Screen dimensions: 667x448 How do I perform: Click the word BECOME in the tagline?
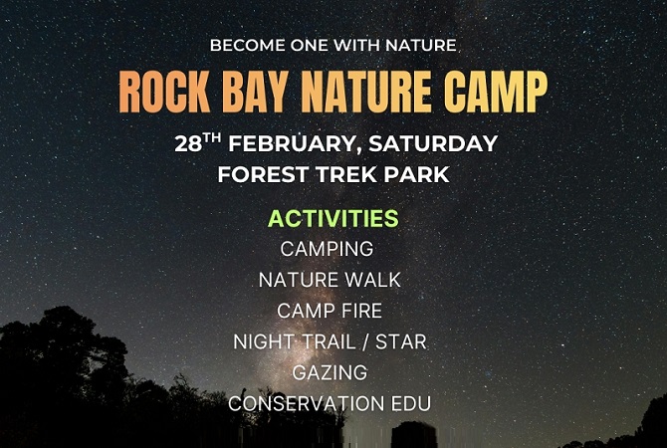click(x=247, y=45)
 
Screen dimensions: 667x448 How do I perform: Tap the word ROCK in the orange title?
click(x=164, y=92)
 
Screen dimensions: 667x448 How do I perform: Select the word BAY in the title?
click(x=254, y=92)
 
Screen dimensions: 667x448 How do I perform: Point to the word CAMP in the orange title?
click(x=496, y=92)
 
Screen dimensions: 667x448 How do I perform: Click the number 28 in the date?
click(x=188, y=144)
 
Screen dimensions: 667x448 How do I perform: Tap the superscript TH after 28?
click(x=211, y=137)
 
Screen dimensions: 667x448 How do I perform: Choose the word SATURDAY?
click(x=433, y=143)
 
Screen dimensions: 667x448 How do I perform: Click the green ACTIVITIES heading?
click(x=333, y=218)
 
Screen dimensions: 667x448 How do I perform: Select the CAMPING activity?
click(x=327, y=249)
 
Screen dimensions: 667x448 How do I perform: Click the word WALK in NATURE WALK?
click(x=373, y=280)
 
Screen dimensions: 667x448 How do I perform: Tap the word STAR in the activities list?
click(x=401, y=341)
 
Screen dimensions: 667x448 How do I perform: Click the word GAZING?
click(x=330, y=372)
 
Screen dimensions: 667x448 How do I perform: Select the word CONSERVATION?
click(x=306, y=404)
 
